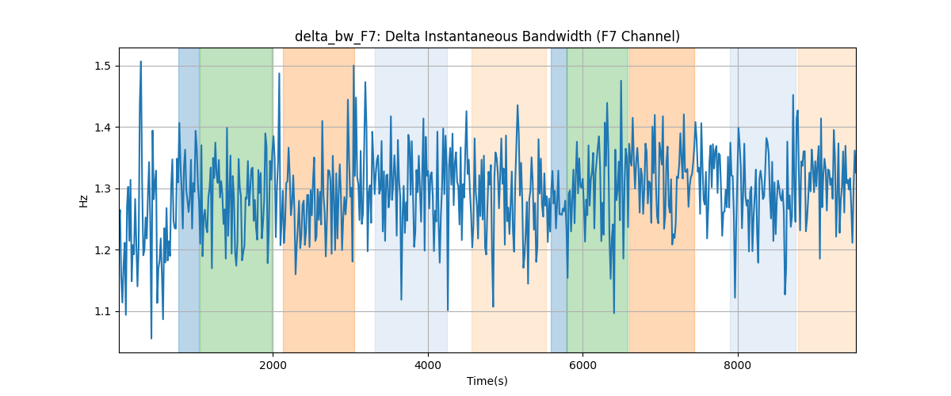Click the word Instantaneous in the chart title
472,37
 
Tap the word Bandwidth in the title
557,37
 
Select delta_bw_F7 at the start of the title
336,37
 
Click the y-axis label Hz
84,201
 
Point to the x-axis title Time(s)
487,381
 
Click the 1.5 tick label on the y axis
102,67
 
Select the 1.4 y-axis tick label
102,128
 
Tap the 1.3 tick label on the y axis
102,188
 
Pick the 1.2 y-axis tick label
102,250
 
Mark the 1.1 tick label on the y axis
102,311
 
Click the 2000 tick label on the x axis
273,365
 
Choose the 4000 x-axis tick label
428,365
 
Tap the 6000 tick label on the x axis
583,365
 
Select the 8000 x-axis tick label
738,365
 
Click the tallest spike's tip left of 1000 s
141,62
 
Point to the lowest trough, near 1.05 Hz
151,338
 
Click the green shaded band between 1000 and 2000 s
236,200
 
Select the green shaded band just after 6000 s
598,200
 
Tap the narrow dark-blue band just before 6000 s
559,200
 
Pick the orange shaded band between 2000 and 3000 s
319,200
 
